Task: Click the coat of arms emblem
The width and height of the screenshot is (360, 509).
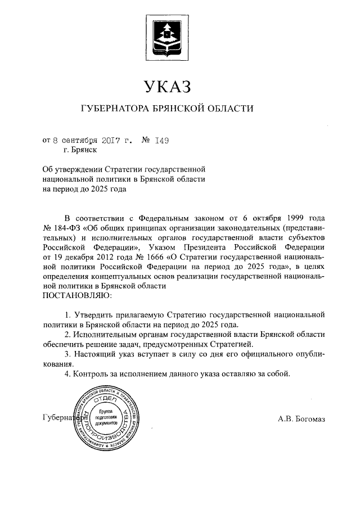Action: click(x=168, y=37)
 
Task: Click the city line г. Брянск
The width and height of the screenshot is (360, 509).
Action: click(x=80, y=150)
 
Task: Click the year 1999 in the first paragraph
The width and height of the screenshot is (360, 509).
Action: click(x=295, y=217)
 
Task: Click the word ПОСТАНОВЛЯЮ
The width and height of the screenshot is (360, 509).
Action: click(x=76, y=294)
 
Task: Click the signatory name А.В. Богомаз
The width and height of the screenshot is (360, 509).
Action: click(x=301, y=419)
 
